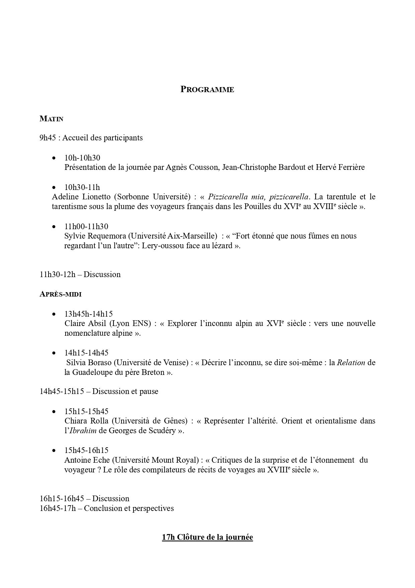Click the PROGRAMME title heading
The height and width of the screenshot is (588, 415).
(207, 89)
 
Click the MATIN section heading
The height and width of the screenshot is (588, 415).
(51, 119)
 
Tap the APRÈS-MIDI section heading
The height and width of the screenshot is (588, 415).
(61, 294)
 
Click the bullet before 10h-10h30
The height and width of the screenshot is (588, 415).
(54, 158)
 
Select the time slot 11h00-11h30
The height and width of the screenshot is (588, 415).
(86, 226)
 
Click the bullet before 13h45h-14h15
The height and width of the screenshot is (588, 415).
(54, 314)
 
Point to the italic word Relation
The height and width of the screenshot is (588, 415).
(351, 363)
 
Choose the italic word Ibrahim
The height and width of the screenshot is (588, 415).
(83, 431)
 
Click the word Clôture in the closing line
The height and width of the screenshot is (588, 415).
(189, 537)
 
